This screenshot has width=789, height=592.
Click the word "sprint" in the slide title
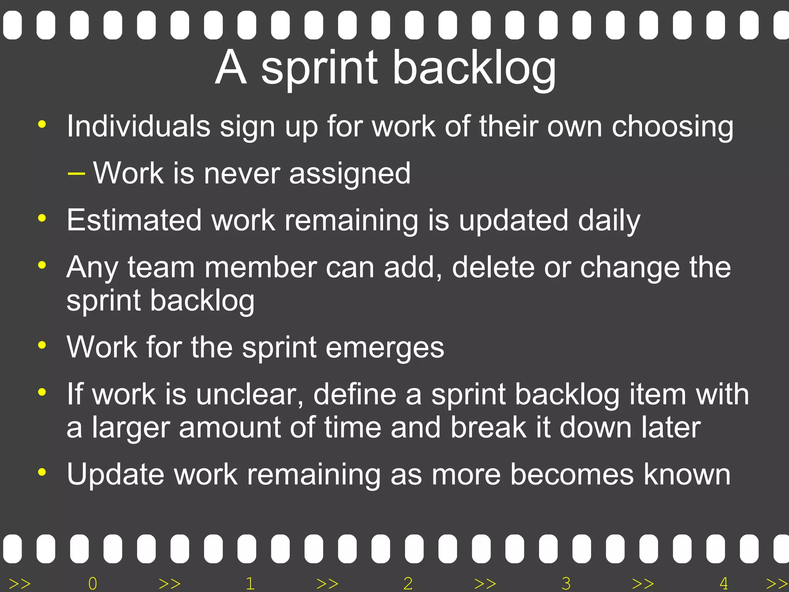[x=319, y=69]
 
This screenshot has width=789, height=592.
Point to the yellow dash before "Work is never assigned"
[x=76, y=174]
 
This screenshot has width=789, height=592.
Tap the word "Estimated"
[x=134, y=220]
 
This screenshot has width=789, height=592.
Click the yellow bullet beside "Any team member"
[x=42, y=265]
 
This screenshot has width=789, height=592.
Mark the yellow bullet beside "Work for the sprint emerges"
[x=42, y=345]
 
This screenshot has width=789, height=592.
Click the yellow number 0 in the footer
[x=92, y=584]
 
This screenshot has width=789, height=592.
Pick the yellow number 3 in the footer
[x=566, y=584]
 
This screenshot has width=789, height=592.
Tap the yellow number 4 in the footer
[x=724, y=584]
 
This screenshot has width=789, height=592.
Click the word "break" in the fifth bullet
[x=488, y=427]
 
